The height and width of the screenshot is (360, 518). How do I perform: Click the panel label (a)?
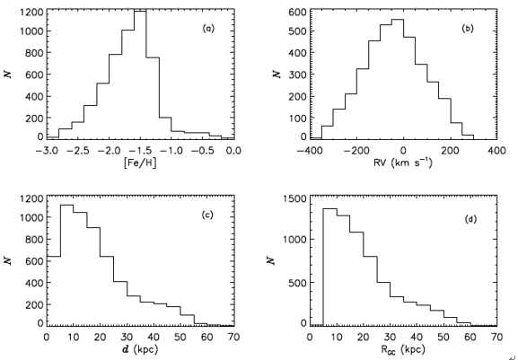[208, 29]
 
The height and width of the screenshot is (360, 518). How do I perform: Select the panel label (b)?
[468, 29]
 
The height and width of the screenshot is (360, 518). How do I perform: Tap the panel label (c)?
[207, 215]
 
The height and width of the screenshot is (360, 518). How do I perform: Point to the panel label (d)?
[470, 219]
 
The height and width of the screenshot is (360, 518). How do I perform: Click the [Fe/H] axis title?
[140, 162]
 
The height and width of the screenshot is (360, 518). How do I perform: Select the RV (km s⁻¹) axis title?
[403, 162]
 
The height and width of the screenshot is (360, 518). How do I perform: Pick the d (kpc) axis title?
[140, 349]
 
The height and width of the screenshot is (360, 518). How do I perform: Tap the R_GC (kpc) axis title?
[403, 350]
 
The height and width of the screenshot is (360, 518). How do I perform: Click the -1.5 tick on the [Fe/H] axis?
[140, 151]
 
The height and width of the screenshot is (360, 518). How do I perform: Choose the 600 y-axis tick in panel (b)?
[298, 13]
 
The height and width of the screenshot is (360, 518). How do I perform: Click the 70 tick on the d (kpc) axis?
[233, 338]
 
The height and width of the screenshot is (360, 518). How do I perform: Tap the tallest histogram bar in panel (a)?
[140, 75]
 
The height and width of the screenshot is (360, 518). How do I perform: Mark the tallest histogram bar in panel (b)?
[398, 79]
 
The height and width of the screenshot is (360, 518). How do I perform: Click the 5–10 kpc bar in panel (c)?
[66, 265]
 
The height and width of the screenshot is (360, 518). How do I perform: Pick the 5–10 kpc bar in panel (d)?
[330, 268]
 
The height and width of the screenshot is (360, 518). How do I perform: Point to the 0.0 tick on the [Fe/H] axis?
[234, 151]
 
